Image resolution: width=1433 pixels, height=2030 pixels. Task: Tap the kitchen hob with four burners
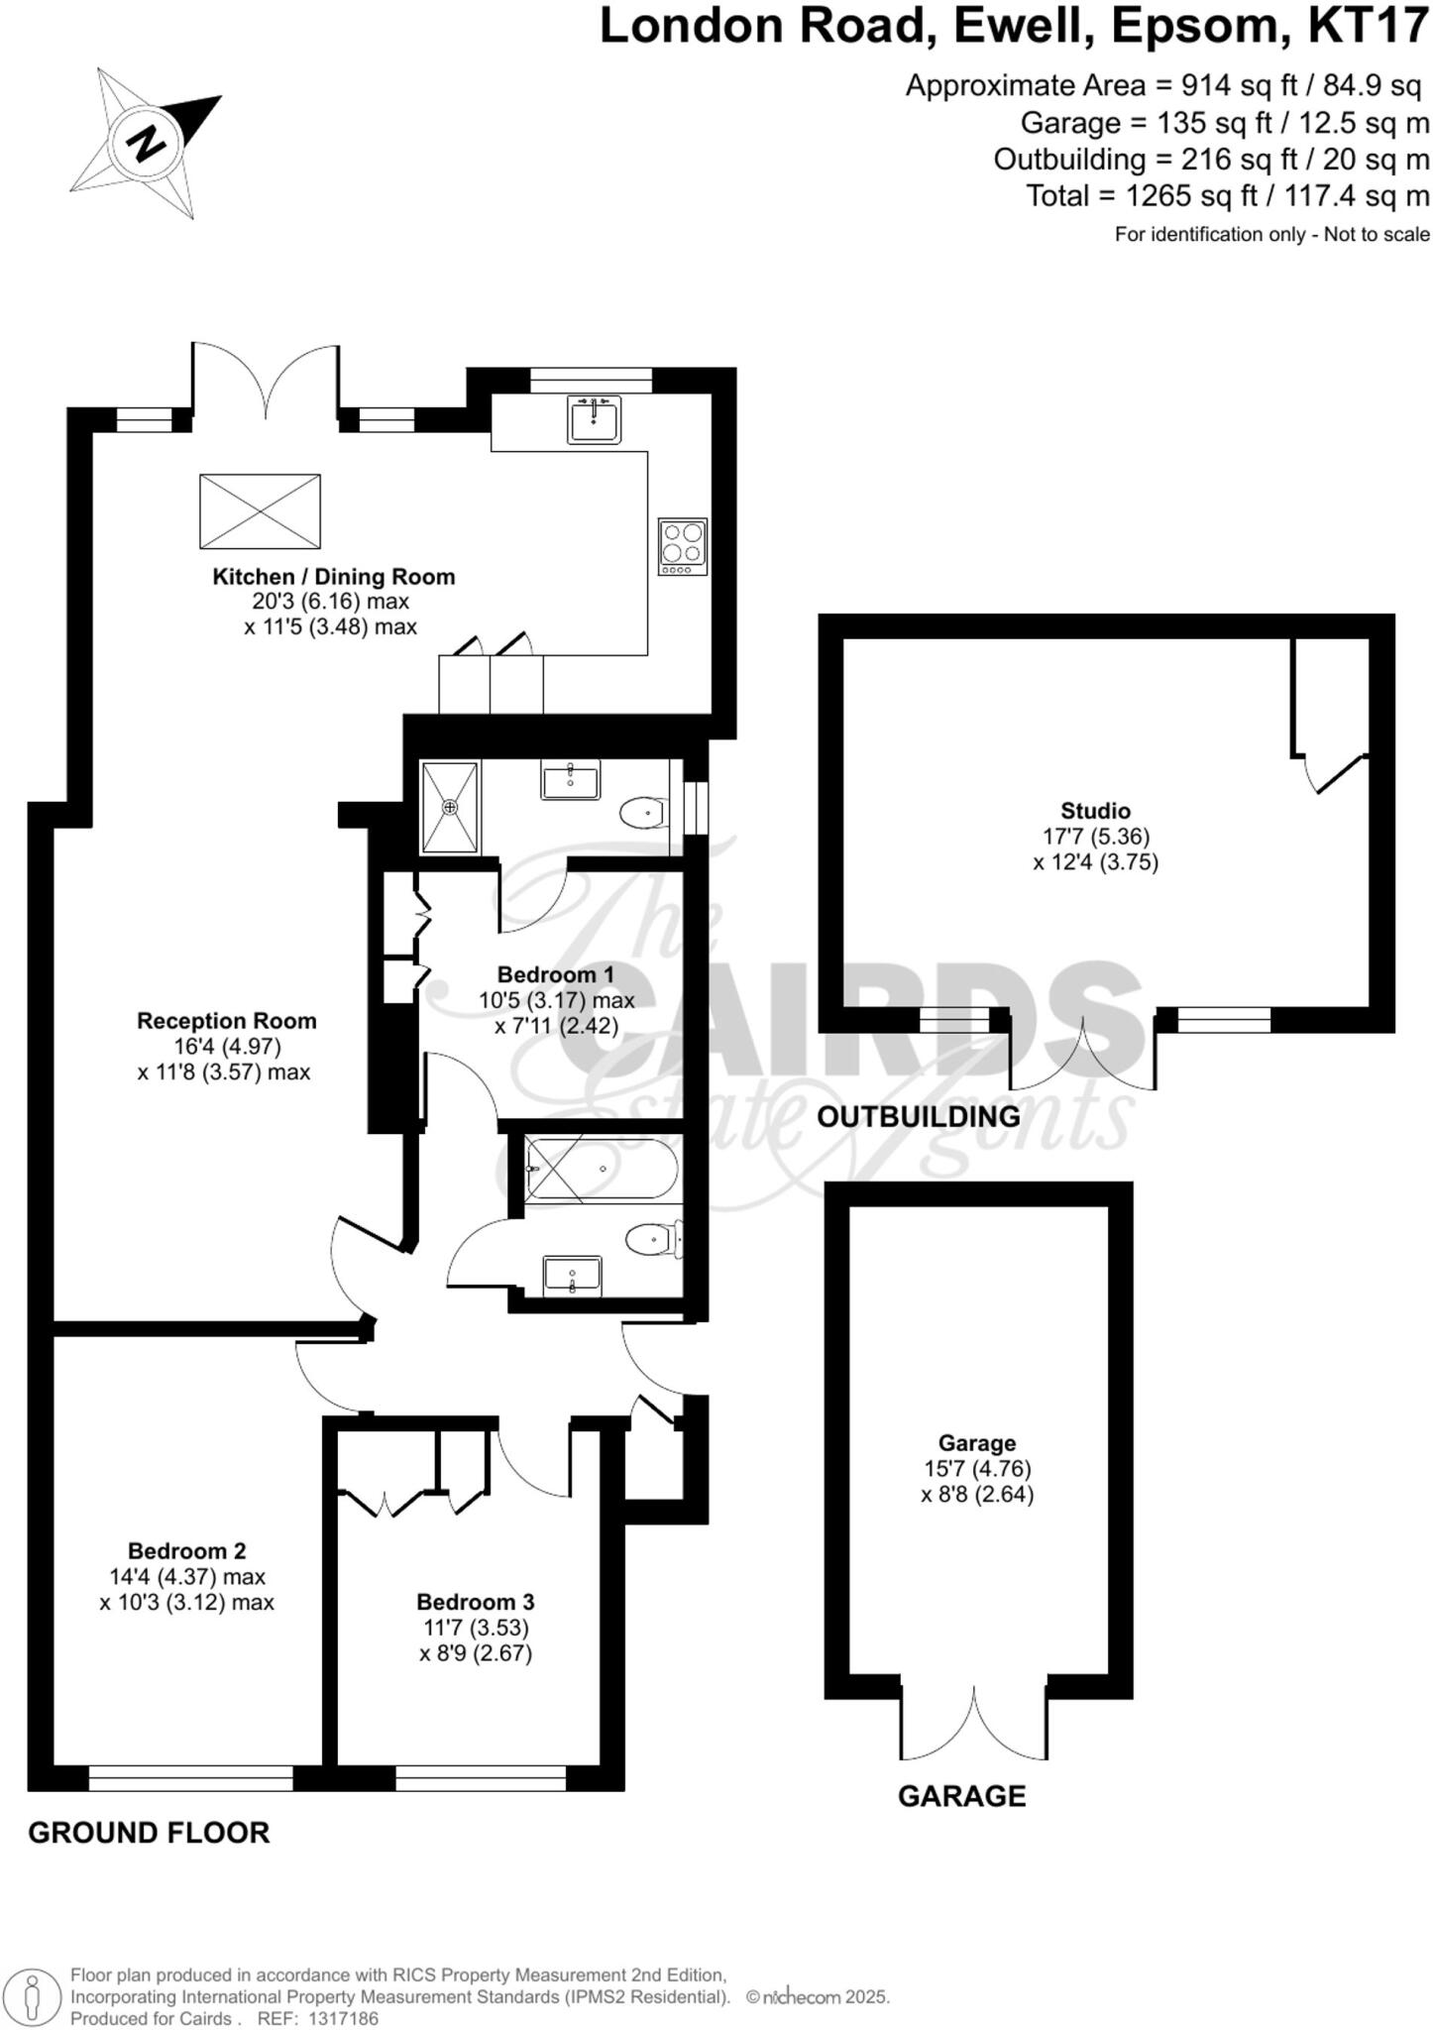(683, 546)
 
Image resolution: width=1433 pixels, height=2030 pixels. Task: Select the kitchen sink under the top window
(594, 419)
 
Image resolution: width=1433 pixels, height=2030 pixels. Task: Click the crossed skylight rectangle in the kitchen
(260, 511)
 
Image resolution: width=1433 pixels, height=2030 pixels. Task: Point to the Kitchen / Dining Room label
(334, 577)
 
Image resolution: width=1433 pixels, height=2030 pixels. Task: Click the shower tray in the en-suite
(450, 807)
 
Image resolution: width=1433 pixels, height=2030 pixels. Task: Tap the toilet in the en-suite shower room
(642, 814)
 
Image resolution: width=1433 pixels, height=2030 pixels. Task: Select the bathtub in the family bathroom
(601, 1170)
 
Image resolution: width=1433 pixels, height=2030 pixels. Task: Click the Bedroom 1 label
(555, 974)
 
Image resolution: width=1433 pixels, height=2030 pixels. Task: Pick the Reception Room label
(227, 1021)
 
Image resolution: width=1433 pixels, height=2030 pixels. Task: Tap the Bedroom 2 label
(187, 1550)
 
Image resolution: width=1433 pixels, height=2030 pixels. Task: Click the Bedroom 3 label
(475, 1602)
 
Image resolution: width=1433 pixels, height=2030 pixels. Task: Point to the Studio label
(1095, 811)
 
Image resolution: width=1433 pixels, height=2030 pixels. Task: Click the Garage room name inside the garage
(977, 1443)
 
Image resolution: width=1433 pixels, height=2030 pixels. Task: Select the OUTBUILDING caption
(918, 1117)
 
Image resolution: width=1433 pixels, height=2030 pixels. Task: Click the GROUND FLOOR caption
(149, 1833)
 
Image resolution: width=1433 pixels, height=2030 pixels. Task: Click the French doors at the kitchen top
(266, 381)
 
